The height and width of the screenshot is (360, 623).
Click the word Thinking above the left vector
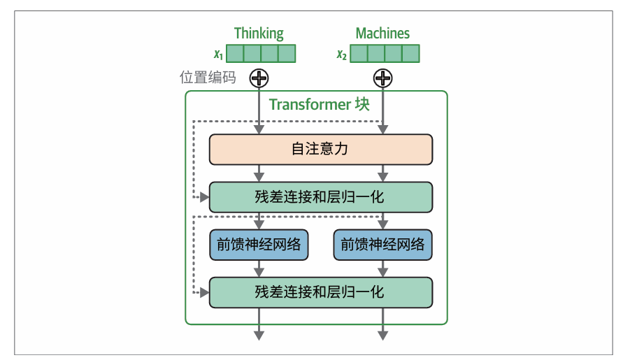click(x=259, y=33)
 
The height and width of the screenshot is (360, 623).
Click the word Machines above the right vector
click(x=382, y=33)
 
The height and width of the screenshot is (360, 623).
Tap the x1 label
click(x=218, y=55)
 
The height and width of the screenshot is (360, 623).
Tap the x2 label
click(x=341, y=55)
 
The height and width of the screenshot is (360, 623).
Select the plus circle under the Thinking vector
click(x=259, y=78)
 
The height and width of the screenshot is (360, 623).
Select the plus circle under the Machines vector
click(x=382, y=78)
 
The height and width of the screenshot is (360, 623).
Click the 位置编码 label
click(x=208, y=78)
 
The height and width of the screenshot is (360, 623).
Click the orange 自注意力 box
click(x=320, y=150)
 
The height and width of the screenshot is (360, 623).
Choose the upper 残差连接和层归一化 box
click(x=320, y=197)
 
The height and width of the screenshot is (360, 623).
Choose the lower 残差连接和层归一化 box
click(x=320, y=291)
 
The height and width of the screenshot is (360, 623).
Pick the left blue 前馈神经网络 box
click(x=259, y=245)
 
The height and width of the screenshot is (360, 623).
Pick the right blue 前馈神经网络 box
click(x=382, y=245)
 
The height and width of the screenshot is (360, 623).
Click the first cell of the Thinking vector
click(x=234, y=54)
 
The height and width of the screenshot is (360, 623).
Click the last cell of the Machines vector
click(x=410, y=54)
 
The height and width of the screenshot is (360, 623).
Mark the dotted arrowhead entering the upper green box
click(x=205, y=198)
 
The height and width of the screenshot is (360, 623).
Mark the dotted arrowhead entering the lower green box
click(x=205, y=291)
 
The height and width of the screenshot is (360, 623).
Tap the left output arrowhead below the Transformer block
click(x=259, y=336)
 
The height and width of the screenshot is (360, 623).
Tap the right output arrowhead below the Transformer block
click(x=382, y=336)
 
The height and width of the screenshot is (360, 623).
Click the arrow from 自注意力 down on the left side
click(x=259, y=173)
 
